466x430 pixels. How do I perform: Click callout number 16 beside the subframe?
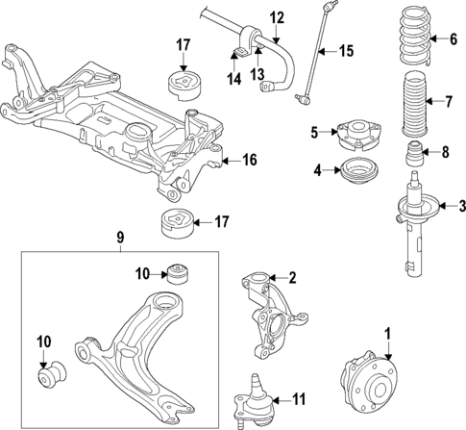tap(248, 160)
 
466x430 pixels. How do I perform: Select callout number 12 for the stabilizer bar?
tap(277, 16)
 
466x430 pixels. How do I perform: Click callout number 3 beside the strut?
tap(460, 205)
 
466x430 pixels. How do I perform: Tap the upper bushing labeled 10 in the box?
tap(176, 273)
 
